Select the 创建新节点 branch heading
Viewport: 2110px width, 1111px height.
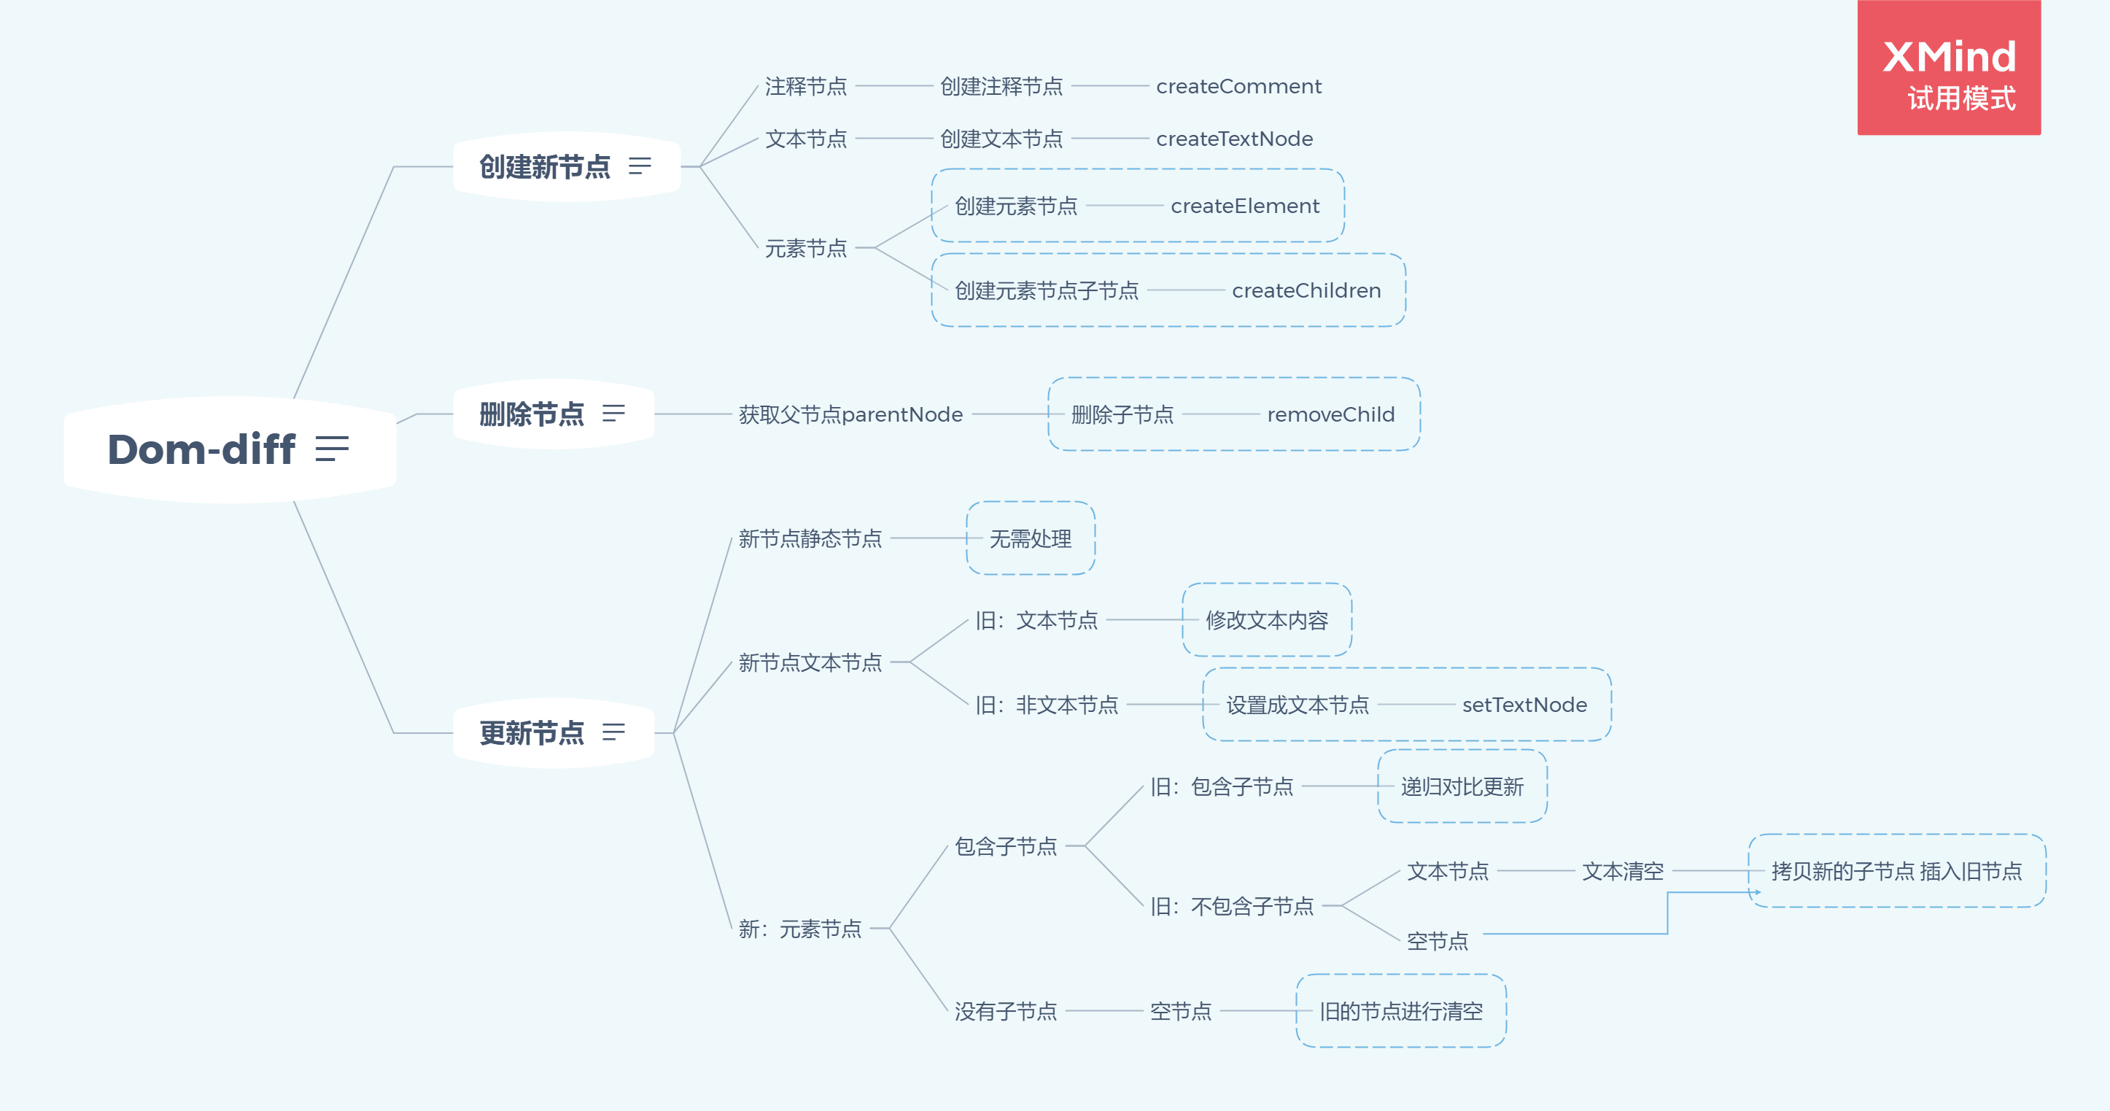[x=545, y=167]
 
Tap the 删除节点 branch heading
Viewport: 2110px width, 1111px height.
[x=532, y=414]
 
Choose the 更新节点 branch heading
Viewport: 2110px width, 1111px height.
[x=532, y=732]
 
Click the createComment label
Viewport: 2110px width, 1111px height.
[x=1238, y=86]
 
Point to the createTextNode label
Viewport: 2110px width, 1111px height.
[x=1233, y=139]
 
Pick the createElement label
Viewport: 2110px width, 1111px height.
[x=1244, y=206]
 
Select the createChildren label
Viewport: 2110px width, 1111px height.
[x=1306, y=290]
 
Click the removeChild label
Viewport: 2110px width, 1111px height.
[x=1330, y=414]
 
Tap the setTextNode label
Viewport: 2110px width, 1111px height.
[x=1524, y=705]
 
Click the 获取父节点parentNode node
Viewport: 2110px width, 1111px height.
[x=850, y=414]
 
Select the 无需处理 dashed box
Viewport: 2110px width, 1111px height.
[x=1031, y=538]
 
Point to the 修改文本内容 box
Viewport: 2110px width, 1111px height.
[x=1266, y=620]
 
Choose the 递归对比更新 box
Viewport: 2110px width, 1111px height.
[x=1462, y=786]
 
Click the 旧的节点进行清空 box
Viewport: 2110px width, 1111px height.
[x=1400, y=1011]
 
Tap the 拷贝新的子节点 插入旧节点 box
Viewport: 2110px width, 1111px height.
[x=1896, y=871]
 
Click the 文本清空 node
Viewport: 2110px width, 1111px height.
[x=1622, y=871]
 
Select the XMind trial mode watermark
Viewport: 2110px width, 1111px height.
[x=1949, y=69]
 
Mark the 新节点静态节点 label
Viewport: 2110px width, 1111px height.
[x=810, y=538]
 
